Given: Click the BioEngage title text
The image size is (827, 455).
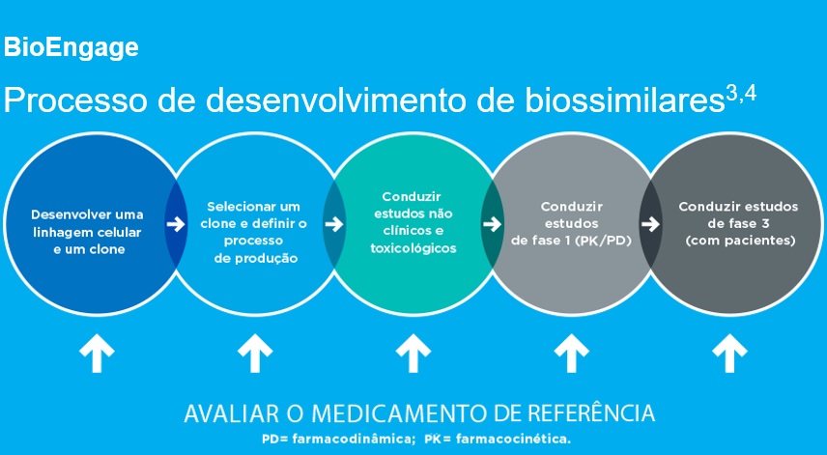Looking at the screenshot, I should (x=71, y=47).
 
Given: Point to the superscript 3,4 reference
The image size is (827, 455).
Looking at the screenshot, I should (x=740, y=93).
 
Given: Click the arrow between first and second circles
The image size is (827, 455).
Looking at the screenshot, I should (x=175, y=224).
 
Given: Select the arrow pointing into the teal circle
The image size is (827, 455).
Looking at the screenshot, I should (x=334, y=224).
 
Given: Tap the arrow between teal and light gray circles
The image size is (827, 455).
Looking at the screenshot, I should (x=492, y=224).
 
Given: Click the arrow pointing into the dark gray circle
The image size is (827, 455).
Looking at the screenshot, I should (x=650, y=224).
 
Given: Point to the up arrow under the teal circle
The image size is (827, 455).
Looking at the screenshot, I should (x=413, y=354).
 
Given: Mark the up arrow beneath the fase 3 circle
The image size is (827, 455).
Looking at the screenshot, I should (x=727, y=354).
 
